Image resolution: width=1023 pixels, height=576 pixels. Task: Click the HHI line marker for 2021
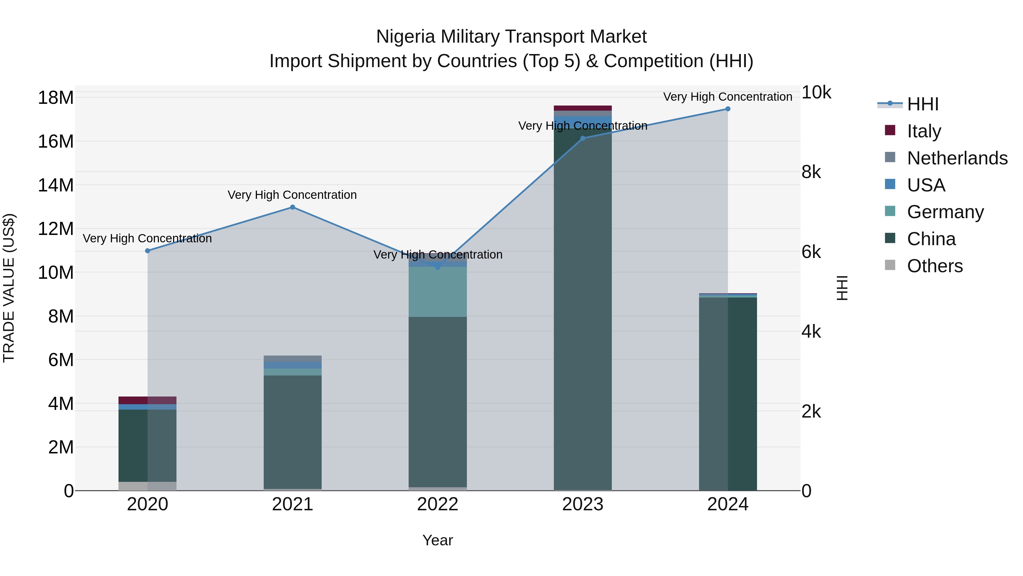tap(292, 207)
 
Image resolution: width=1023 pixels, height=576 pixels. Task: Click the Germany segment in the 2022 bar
tap(438, 292)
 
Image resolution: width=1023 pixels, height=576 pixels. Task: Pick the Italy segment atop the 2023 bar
tap(583, 108)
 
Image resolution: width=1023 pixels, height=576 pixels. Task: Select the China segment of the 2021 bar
tap(292, 431)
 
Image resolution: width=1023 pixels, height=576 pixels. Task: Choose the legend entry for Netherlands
tap(957, 158)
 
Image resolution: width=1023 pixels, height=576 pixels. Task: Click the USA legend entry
tap(926, 185)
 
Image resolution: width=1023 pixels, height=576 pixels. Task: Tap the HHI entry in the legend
tap(922, 104)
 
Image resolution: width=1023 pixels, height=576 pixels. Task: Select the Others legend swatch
tap(890, 265)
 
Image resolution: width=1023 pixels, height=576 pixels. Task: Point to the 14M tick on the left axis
tap(56, 185)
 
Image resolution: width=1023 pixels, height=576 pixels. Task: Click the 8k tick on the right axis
tap(811, 172)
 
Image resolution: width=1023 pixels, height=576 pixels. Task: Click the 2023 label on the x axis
tap(583, 504)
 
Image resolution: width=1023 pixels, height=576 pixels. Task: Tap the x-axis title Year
tap(437, 540)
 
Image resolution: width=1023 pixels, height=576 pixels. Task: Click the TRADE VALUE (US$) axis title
tap(9, 288)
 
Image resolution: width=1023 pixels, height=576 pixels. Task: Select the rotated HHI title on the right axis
tap(842, 288)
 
